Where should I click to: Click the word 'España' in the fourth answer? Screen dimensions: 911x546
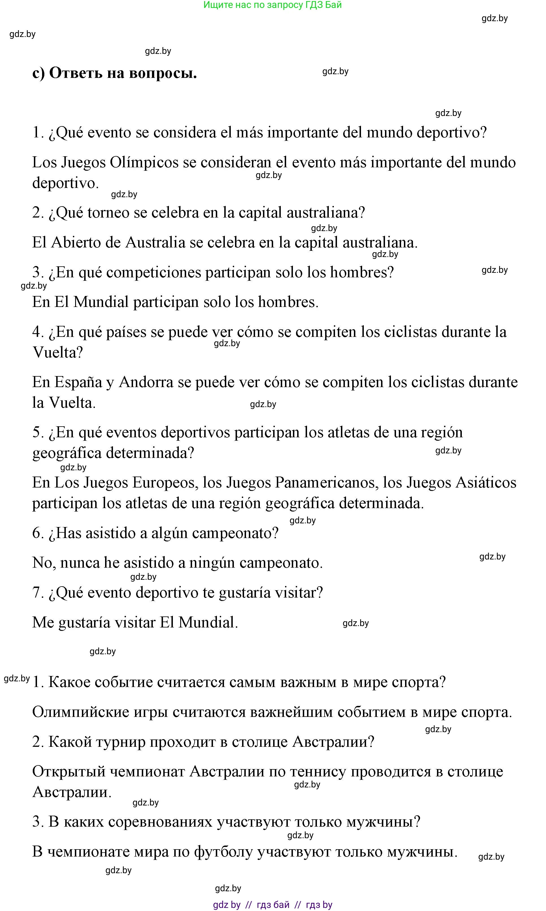click(78, 382)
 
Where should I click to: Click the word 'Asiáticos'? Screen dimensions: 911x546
click(486, 482)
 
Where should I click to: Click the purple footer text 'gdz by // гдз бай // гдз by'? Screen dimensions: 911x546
click(273, 905)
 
